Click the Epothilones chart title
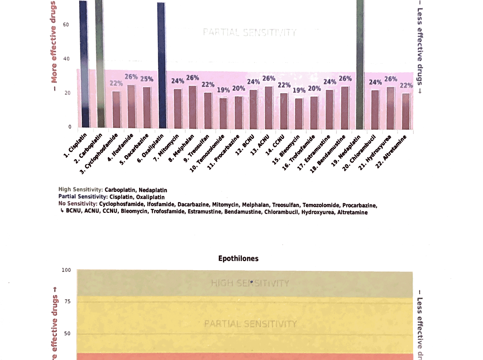point(238,258)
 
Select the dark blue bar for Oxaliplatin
point(161,67)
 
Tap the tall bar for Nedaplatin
point(360,67)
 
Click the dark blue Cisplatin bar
point(83,67)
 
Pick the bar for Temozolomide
point(223,113)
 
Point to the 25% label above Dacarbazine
point(147,79)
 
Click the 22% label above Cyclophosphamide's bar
point(116,83)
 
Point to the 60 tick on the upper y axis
point(66,25)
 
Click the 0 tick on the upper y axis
point(69,127)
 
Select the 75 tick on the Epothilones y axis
point(68,301)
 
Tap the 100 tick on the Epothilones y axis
point(66,270)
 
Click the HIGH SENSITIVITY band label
point(250,283)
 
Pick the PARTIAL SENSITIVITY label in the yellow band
point(250,323)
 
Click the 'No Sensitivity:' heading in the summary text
point(78,205)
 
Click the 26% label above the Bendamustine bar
point(345,79)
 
